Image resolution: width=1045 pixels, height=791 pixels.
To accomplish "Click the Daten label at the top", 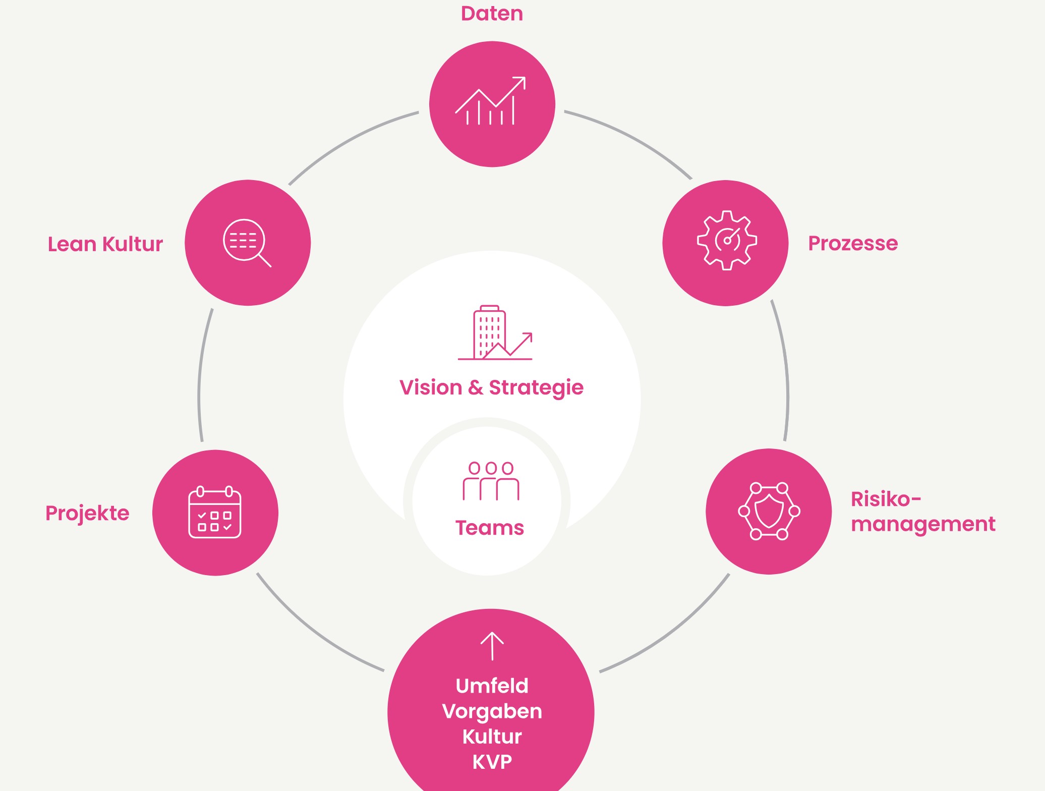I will (x=492, y=14).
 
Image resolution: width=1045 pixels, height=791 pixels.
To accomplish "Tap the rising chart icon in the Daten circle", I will (x=491, y=102).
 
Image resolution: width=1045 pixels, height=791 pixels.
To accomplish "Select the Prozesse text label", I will (x=853, y=243).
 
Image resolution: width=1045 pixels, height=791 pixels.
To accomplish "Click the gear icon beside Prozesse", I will (x=727, y=241).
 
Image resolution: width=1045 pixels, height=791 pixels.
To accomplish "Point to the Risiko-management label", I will (x=922, y=512).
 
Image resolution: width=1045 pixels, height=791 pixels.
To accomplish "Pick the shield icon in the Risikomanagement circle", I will (x=769, y=511).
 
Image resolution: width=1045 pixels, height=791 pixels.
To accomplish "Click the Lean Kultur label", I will (x=105, y=244).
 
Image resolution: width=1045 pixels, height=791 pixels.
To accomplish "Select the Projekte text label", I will (x=87, y=514).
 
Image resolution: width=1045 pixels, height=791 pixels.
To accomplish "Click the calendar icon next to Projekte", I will (x=215, y=512).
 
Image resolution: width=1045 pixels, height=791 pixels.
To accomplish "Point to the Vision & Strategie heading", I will (x=491, y=387).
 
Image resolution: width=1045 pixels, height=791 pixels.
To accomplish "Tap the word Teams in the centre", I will (x=490, y=528).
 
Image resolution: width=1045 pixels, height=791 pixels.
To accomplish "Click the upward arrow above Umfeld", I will (x=492, y=646).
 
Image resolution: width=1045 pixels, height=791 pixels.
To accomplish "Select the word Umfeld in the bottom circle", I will (x=492, y=686).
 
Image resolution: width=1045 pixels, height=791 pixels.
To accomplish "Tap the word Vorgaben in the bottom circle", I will (x=492, y=711).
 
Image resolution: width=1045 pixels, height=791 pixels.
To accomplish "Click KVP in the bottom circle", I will (x=492, y=762).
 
